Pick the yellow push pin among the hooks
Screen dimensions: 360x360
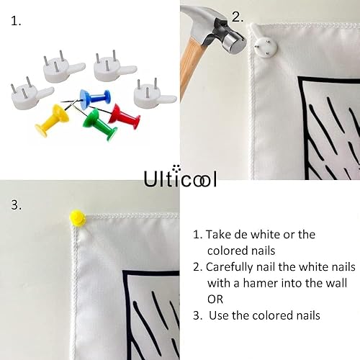point(53,120)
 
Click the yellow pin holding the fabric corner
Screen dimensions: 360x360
point(78,217)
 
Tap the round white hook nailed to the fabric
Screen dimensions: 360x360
point(266,48)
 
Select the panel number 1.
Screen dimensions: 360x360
point(16,22)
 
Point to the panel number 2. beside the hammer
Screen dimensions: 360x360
point(238,17)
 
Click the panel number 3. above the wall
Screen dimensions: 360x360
point(17,205)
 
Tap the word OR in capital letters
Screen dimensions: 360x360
point(215,300)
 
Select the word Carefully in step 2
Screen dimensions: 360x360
point(229,267)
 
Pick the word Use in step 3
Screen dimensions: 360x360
point(218,315)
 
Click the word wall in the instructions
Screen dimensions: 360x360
point(336,283)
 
